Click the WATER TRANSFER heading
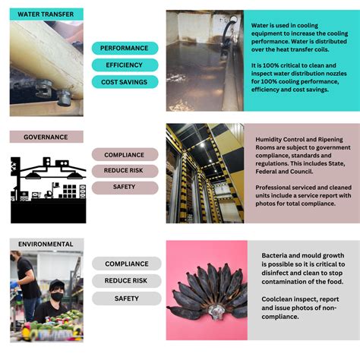tap(46, 14)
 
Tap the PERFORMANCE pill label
tap(125, 48)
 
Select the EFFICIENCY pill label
tap(125, 65)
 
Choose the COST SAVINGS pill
tap(125, 82)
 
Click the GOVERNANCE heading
tap(46, 137)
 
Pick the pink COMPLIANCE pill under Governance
tap(125, 155)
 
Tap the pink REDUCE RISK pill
tap(125, 171)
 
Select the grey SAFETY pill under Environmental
tap(127, 298)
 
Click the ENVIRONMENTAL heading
tap(46, 245)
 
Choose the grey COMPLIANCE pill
tap(127, 264)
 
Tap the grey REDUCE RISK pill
tap(127, 281)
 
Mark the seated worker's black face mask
tap(57, 296)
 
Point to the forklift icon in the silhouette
tap(49, 194)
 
